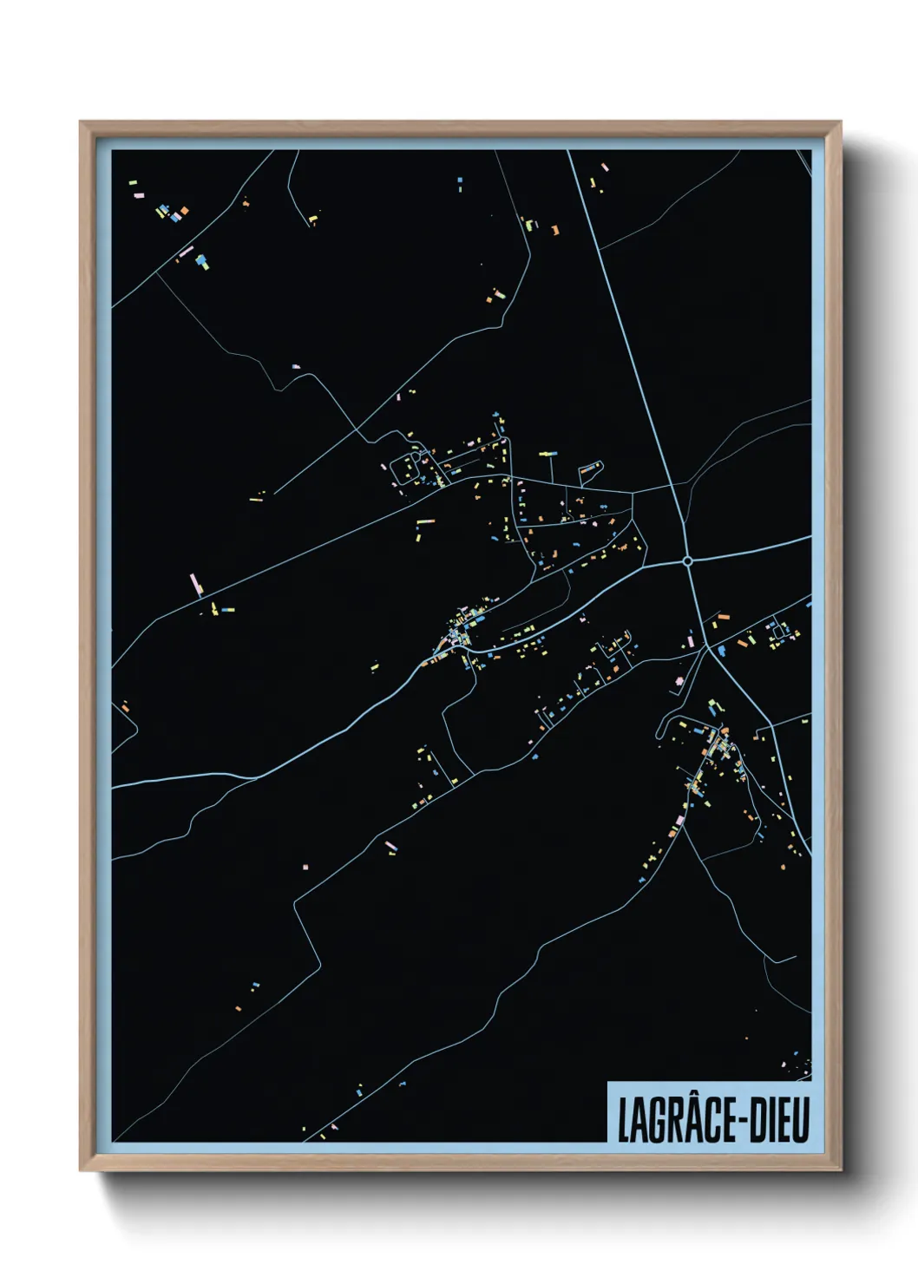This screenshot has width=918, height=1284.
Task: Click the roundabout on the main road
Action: (688, 561)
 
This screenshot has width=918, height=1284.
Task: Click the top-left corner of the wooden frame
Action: (82, 123)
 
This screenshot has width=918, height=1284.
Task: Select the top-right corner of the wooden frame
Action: (839, 123)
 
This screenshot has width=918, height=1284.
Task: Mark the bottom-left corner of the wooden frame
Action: (82, 1169)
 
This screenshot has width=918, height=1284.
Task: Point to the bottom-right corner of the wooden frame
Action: (839, 1169)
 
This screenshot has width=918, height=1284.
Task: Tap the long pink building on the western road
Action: (196, 583)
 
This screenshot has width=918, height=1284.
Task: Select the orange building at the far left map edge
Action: (126, 709)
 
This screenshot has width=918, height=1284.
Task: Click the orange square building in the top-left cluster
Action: (184, 211)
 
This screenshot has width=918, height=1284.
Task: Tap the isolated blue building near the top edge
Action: (460, 182)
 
